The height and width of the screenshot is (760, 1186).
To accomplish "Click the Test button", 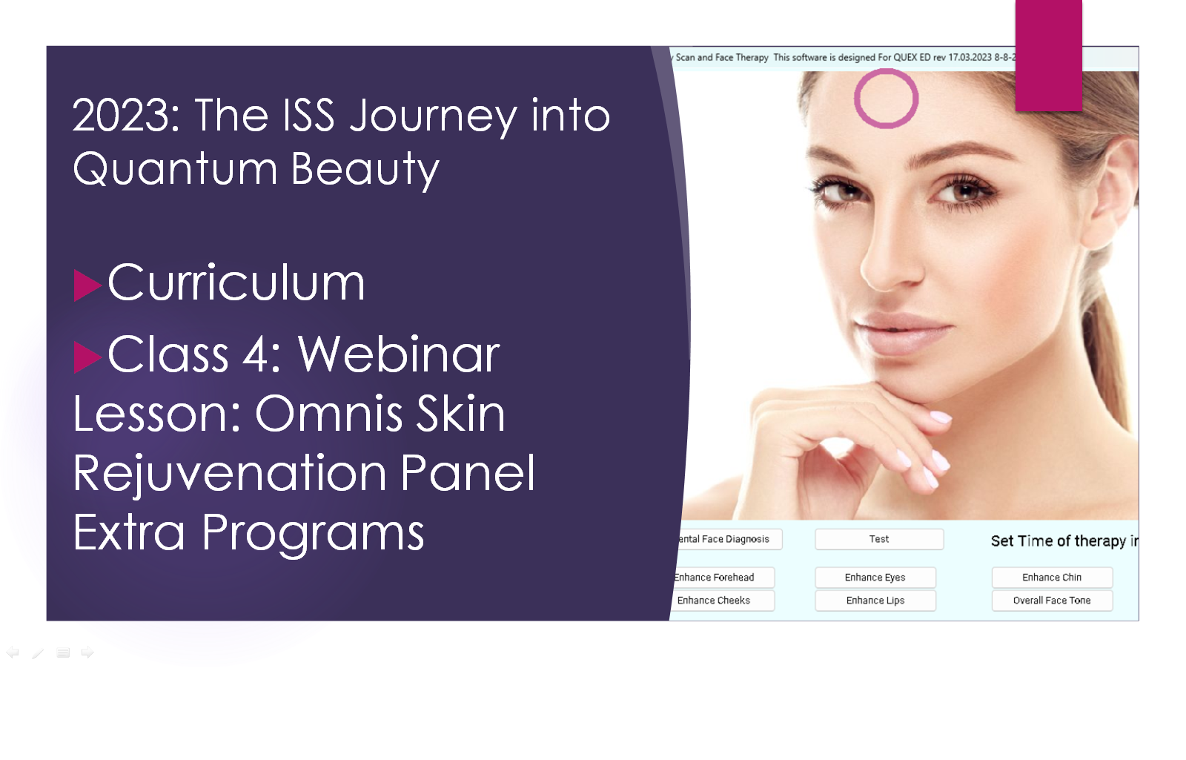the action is click(879, 539).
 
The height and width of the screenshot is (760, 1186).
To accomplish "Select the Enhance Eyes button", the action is click(875, 578).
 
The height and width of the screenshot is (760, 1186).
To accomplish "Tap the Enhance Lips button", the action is click(875, 601).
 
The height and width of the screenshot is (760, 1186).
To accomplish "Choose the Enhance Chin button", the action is click(1052, 578).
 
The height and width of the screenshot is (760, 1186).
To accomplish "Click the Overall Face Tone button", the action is click(1052, 601).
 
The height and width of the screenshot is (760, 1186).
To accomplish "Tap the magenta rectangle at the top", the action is click(1048, 56).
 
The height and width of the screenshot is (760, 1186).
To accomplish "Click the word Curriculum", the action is click(236, 283).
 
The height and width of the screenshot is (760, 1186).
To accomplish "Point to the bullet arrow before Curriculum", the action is click(87, 285).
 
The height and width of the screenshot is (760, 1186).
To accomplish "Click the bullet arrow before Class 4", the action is click(87, 357).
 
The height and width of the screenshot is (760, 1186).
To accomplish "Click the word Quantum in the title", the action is click(175, 168).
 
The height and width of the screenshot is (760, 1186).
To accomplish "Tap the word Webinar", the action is click(399, 355).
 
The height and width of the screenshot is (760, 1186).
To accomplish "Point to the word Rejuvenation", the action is click(229, 474).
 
